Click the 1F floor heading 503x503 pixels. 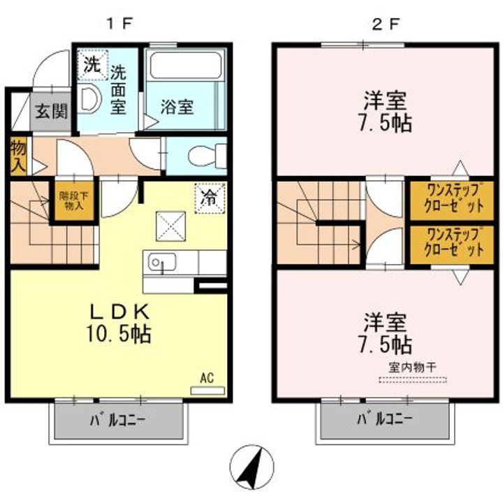tap(119, 24)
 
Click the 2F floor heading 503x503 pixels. tap(385, 24)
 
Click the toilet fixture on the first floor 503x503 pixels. tap(208, 153)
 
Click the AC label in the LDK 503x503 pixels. tap(207, 378)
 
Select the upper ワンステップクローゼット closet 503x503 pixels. tap(454, 201)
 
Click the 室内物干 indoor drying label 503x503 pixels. tap(412, 367)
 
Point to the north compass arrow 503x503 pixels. tap(252, 467)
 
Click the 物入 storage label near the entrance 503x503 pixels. tap(18, 156)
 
